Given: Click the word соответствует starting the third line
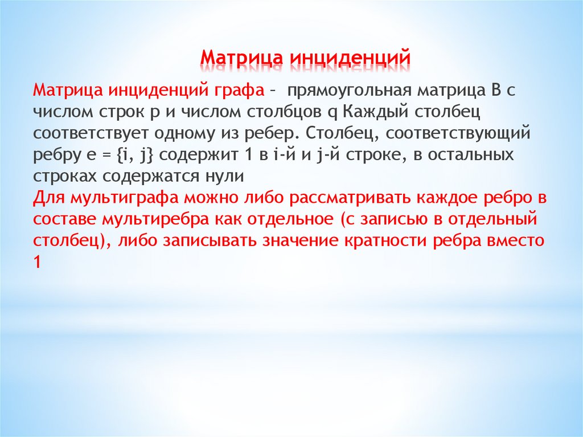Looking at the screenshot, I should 91,133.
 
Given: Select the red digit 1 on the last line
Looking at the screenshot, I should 37,262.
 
